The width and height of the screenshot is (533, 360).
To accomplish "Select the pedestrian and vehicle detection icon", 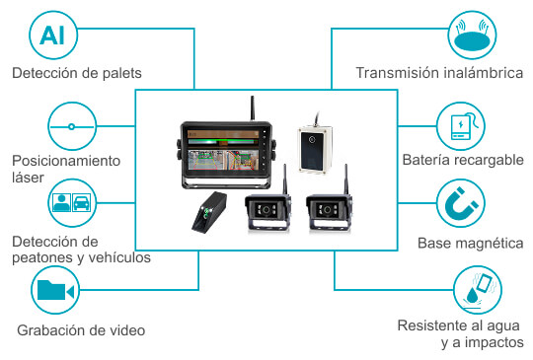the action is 72,203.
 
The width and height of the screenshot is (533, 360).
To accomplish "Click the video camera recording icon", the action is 55,290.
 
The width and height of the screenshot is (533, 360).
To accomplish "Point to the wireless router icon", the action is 472,35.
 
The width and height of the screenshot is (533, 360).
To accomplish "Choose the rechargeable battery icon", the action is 461,126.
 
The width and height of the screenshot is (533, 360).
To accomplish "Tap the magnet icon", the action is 461,203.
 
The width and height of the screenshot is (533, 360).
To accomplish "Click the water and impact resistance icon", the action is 478,290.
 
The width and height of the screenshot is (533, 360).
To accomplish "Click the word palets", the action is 121,74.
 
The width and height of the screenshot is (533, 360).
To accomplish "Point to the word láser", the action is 29,178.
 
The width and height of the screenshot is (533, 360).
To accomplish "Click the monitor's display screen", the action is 223,150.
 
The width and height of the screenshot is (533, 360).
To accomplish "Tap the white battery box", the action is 315,149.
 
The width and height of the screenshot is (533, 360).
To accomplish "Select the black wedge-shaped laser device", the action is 209,213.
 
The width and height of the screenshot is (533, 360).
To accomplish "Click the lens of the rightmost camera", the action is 327,210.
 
